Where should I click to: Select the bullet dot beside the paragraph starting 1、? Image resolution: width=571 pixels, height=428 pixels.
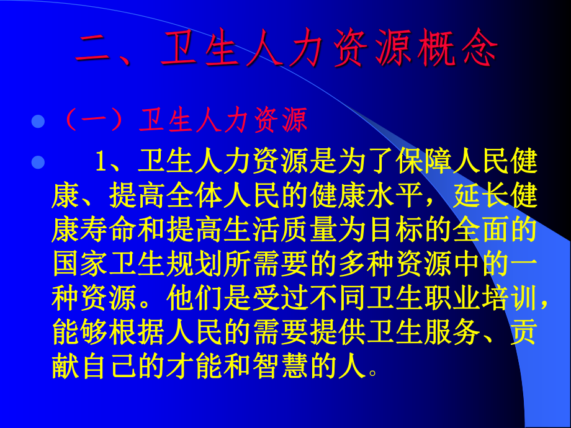(x=38, y=163)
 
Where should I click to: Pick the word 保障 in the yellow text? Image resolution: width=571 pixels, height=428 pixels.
(x=425, y=163)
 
